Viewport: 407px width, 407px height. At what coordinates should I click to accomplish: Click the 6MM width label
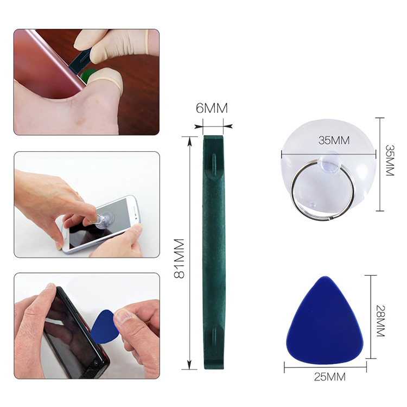212,108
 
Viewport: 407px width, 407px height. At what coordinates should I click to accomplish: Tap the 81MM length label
179,258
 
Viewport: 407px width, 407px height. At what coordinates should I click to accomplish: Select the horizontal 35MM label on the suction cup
334,141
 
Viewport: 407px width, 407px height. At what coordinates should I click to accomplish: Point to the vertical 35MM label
390,161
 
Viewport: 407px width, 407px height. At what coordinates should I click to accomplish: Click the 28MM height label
380,321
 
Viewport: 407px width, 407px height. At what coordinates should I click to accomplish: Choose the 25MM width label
330,377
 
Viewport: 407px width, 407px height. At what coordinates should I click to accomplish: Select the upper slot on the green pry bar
214,164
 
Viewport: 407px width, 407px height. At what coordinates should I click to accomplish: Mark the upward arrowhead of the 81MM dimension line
190,142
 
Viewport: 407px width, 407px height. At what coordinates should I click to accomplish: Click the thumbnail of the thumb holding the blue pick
122,317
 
